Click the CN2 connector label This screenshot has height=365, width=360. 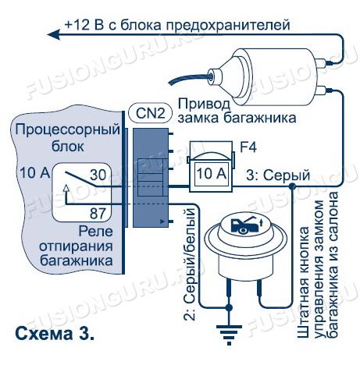tap(151, 114)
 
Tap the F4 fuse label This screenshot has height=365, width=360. tap(248, 147)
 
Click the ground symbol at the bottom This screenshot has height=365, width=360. tap(229, 335)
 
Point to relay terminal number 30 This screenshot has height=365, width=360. tap(98, 175)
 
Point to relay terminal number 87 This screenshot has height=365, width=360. tap(98, 214)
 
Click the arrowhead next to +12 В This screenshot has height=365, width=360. tap(54, 34)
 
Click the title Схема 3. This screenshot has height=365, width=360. tap(55, 334)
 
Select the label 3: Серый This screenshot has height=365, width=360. tap(278, 175)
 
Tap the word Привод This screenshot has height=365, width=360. tap(204, 105)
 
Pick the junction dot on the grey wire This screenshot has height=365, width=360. tap(292, 186)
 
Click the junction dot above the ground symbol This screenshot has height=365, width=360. tap(229, 308)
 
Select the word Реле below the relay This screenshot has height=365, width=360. tap(96, 232)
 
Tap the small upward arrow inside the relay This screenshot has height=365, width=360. tap(66, 188)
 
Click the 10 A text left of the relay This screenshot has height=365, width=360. tap(35, 172)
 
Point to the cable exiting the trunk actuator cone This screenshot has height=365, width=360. tap(189, 77)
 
